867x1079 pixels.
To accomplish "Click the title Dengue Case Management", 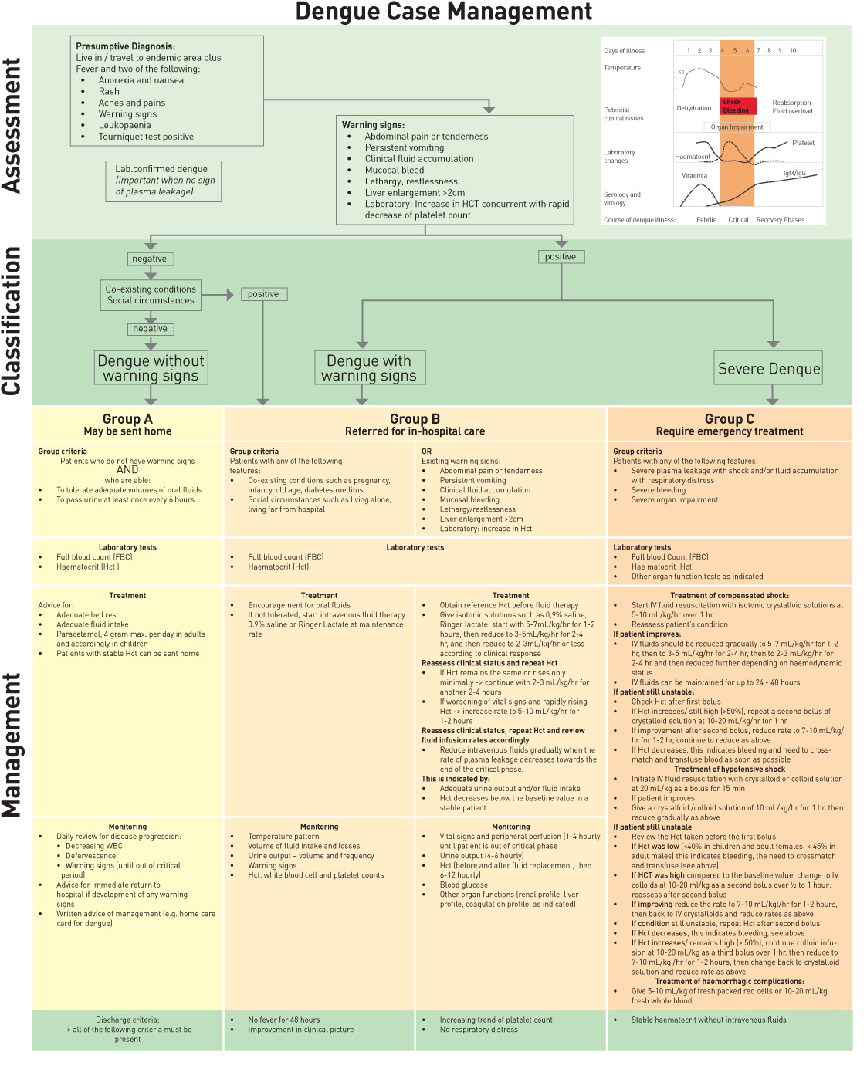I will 444,12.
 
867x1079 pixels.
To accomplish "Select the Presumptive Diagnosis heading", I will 125,46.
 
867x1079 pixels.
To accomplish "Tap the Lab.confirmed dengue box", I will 163,181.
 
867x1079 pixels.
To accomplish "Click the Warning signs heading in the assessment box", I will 373,125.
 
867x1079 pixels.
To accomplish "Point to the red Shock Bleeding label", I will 737,107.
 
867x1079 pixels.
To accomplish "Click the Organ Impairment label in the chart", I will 737,127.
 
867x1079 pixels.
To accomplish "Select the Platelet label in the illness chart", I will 803,143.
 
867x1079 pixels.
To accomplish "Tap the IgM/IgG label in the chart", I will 794,174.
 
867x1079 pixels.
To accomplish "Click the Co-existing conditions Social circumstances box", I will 151,295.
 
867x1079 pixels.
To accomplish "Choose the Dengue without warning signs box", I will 151,368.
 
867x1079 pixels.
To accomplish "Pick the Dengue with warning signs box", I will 369,368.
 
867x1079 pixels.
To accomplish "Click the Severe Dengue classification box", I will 769,369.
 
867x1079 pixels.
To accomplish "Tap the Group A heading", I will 127,419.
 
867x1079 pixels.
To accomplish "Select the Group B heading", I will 415,419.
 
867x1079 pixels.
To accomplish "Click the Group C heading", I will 730,419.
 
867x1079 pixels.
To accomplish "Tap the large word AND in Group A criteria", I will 127,470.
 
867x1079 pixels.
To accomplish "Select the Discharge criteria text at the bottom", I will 127,1020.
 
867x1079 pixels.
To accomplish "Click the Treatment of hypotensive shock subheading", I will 730,770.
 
